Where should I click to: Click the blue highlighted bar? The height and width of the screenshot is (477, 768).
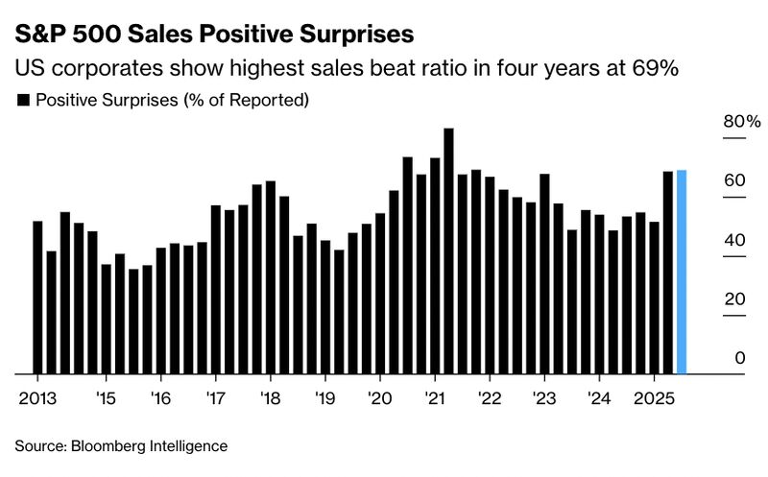click(x=682, y=272)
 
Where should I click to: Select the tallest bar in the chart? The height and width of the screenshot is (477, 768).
click(x=448, y=250)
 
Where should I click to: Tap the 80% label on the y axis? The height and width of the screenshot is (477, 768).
click(x=741, y=122)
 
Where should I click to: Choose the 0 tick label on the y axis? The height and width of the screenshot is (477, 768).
click(x=739, y=358)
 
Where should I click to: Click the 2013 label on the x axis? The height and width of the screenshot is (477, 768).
click(x=36, y=397)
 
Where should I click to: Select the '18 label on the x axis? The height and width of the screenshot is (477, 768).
click(x=271, y=397)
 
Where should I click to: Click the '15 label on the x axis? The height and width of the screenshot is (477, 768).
click(x=106, y=397)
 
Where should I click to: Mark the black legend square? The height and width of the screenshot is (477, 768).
click(x=23, y=100)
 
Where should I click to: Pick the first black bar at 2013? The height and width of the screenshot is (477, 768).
click(x=38, y=298)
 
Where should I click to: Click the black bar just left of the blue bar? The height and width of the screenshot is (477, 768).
click(x=668, y=272)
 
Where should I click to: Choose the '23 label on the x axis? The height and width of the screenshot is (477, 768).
click(x=544, y=397)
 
